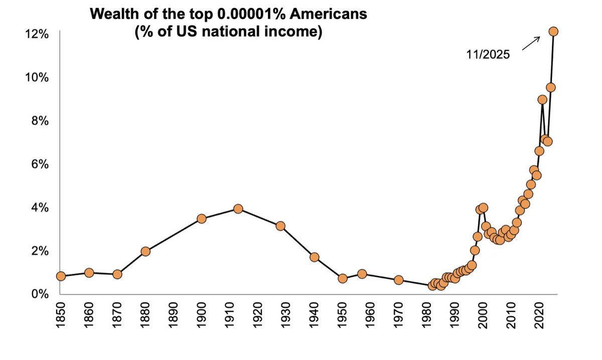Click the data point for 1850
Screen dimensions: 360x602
pos(61,276)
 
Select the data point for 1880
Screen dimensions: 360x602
pos(145,251)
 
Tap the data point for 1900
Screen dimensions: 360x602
pos(202,219)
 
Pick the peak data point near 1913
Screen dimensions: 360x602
pos(238,209)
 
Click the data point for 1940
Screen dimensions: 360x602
pos(315,257)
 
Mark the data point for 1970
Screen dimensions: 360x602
pos(399,280)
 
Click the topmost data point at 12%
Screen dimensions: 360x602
pos(554,31)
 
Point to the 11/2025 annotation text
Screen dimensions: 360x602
pos(488,55)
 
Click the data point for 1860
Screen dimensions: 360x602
pos(89,273)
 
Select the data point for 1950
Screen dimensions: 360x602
pos(343,278)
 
